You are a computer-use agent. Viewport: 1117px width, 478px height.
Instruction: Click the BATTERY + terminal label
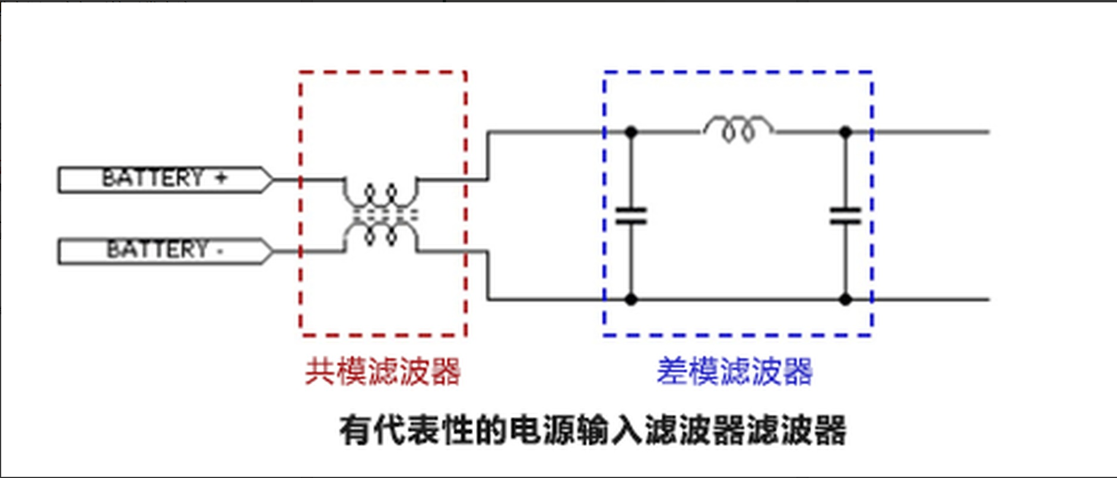click(166, 179)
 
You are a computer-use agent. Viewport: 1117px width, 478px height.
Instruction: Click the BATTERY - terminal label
click(166, 251)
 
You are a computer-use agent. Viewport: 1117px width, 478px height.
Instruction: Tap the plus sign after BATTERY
click(221, 177)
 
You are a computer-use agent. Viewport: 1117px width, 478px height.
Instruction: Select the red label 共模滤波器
click(383, 372)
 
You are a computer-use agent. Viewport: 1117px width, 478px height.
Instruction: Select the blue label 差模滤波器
click(734, 372)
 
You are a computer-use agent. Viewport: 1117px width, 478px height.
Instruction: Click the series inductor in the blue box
click(738, 129)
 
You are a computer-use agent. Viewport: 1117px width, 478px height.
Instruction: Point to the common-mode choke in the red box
click(380, 215)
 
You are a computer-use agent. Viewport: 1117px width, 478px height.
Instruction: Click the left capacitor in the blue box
click(631, 215)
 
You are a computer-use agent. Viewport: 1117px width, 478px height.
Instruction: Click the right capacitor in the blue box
click(845, 215)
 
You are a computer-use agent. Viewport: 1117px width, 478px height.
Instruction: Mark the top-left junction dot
click(631, 132)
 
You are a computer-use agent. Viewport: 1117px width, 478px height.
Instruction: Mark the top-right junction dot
click(846, 132)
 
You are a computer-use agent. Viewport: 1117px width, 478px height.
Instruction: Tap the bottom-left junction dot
click(631, 299)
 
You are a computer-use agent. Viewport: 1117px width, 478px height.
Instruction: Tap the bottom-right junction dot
click(846, 299)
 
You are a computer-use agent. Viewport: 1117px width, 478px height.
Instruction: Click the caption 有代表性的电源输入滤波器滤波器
click(592, 430)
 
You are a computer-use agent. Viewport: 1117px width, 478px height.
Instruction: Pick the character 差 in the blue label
click(672, 372)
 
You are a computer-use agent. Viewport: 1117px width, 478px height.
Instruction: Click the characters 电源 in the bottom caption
click(542, 430)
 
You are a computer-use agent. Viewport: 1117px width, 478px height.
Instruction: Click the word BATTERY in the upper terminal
click(153, 178)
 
